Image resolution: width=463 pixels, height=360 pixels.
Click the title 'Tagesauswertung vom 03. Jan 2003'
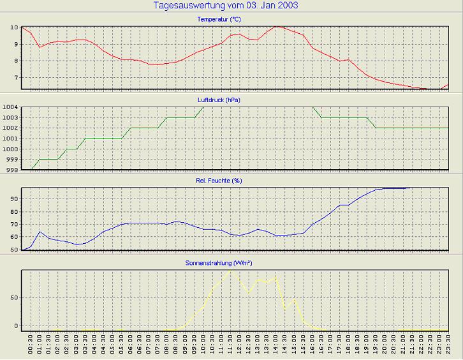coord(226,6)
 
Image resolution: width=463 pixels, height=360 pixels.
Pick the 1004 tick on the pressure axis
coord(11,107)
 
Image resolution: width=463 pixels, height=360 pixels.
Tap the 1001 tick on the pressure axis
coord(11,139)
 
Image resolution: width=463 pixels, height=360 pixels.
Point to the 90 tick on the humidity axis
coord(15,199)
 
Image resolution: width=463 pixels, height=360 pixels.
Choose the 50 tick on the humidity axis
coord(15,250)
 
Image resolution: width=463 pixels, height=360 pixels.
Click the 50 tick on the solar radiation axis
coord(15,297)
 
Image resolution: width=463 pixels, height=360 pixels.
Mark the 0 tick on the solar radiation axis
coord(17,326)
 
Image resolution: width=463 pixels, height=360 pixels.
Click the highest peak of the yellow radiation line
coord(231,270)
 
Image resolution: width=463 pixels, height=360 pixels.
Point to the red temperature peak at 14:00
coord(276,26)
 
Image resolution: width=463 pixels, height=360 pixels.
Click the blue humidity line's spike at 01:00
coord(40,232)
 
